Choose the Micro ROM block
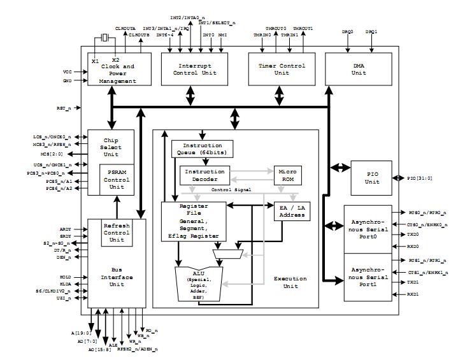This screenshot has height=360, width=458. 287,175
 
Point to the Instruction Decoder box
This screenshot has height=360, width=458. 204,175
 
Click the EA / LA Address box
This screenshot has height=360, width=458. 292,212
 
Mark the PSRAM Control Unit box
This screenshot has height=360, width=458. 117,180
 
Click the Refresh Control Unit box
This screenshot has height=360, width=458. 117,233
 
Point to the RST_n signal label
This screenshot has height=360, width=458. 64,108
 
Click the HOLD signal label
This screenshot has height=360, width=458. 66,277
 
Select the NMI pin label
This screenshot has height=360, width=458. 223,35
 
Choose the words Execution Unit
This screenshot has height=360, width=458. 290,282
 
